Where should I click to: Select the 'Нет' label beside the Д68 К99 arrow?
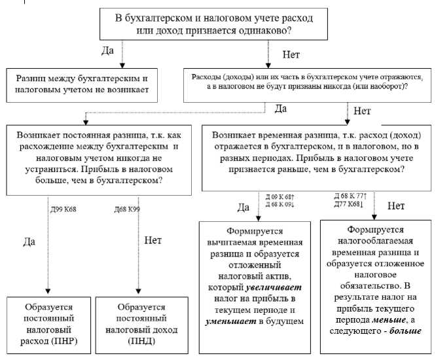(154, 240)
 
